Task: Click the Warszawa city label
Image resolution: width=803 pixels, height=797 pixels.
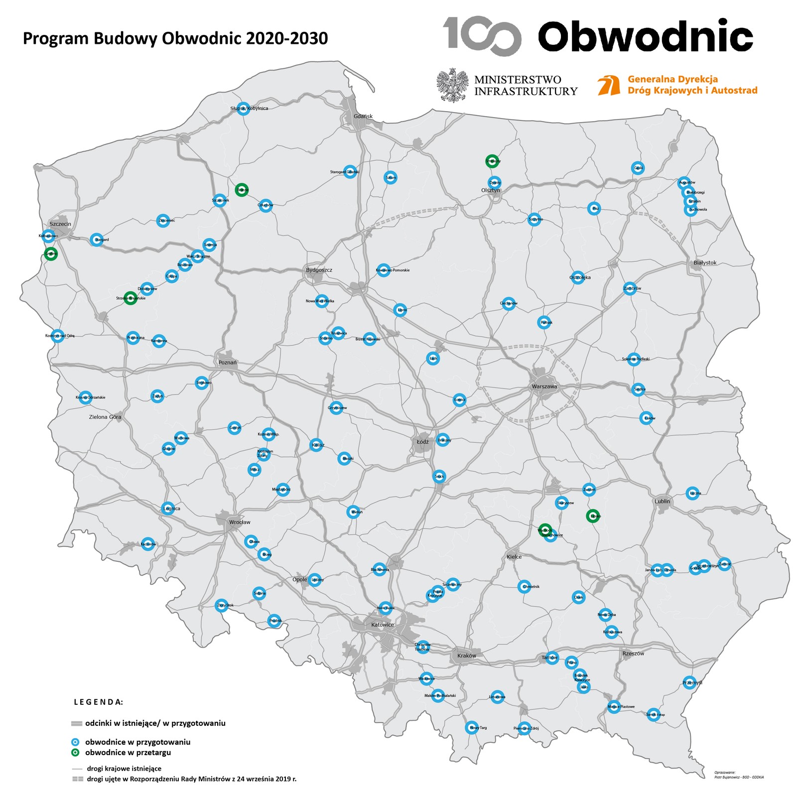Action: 544,387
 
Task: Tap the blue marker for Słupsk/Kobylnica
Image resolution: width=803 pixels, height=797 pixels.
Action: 243,108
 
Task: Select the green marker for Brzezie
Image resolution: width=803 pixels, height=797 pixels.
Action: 242,190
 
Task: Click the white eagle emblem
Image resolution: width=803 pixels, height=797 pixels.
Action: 453,85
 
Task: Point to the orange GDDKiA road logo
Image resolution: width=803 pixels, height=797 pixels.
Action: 609,85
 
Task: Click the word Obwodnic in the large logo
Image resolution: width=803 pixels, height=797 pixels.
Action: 645,36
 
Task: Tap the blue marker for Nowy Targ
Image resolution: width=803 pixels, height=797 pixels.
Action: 471,728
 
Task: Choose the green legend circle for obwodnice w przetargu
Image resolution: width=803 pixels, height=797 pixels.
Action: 76,752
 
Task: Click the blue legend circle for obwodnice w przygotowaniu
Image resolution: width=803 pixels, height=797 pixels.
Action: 76,742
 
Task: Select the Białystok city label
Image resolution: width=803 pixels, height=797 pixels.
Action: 705,263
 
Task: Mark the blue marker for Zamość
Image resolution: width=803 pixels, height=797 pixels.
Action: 724,564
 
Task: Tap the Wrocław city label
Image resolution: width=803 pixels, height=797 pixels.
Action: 240,522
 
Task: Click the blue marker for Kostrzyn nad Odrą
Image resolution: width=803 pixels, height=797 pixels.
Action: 58,336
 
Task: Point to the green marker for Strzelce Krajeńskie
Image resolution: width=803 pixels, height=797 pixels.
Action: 130,298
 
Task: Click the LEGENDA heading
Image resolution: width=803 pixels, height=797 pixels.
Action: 98,702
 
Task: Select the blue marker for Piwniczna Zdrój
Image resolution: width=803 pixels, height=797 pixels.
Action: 524,728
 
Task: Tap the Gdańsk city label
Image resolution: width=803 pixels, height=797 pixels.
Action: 363,116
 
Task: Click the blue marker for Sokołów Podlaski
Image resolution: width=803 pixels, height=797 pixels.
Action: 634,359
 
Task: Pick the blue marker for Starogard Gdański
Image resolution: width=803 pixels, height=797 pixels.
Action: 350,172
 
